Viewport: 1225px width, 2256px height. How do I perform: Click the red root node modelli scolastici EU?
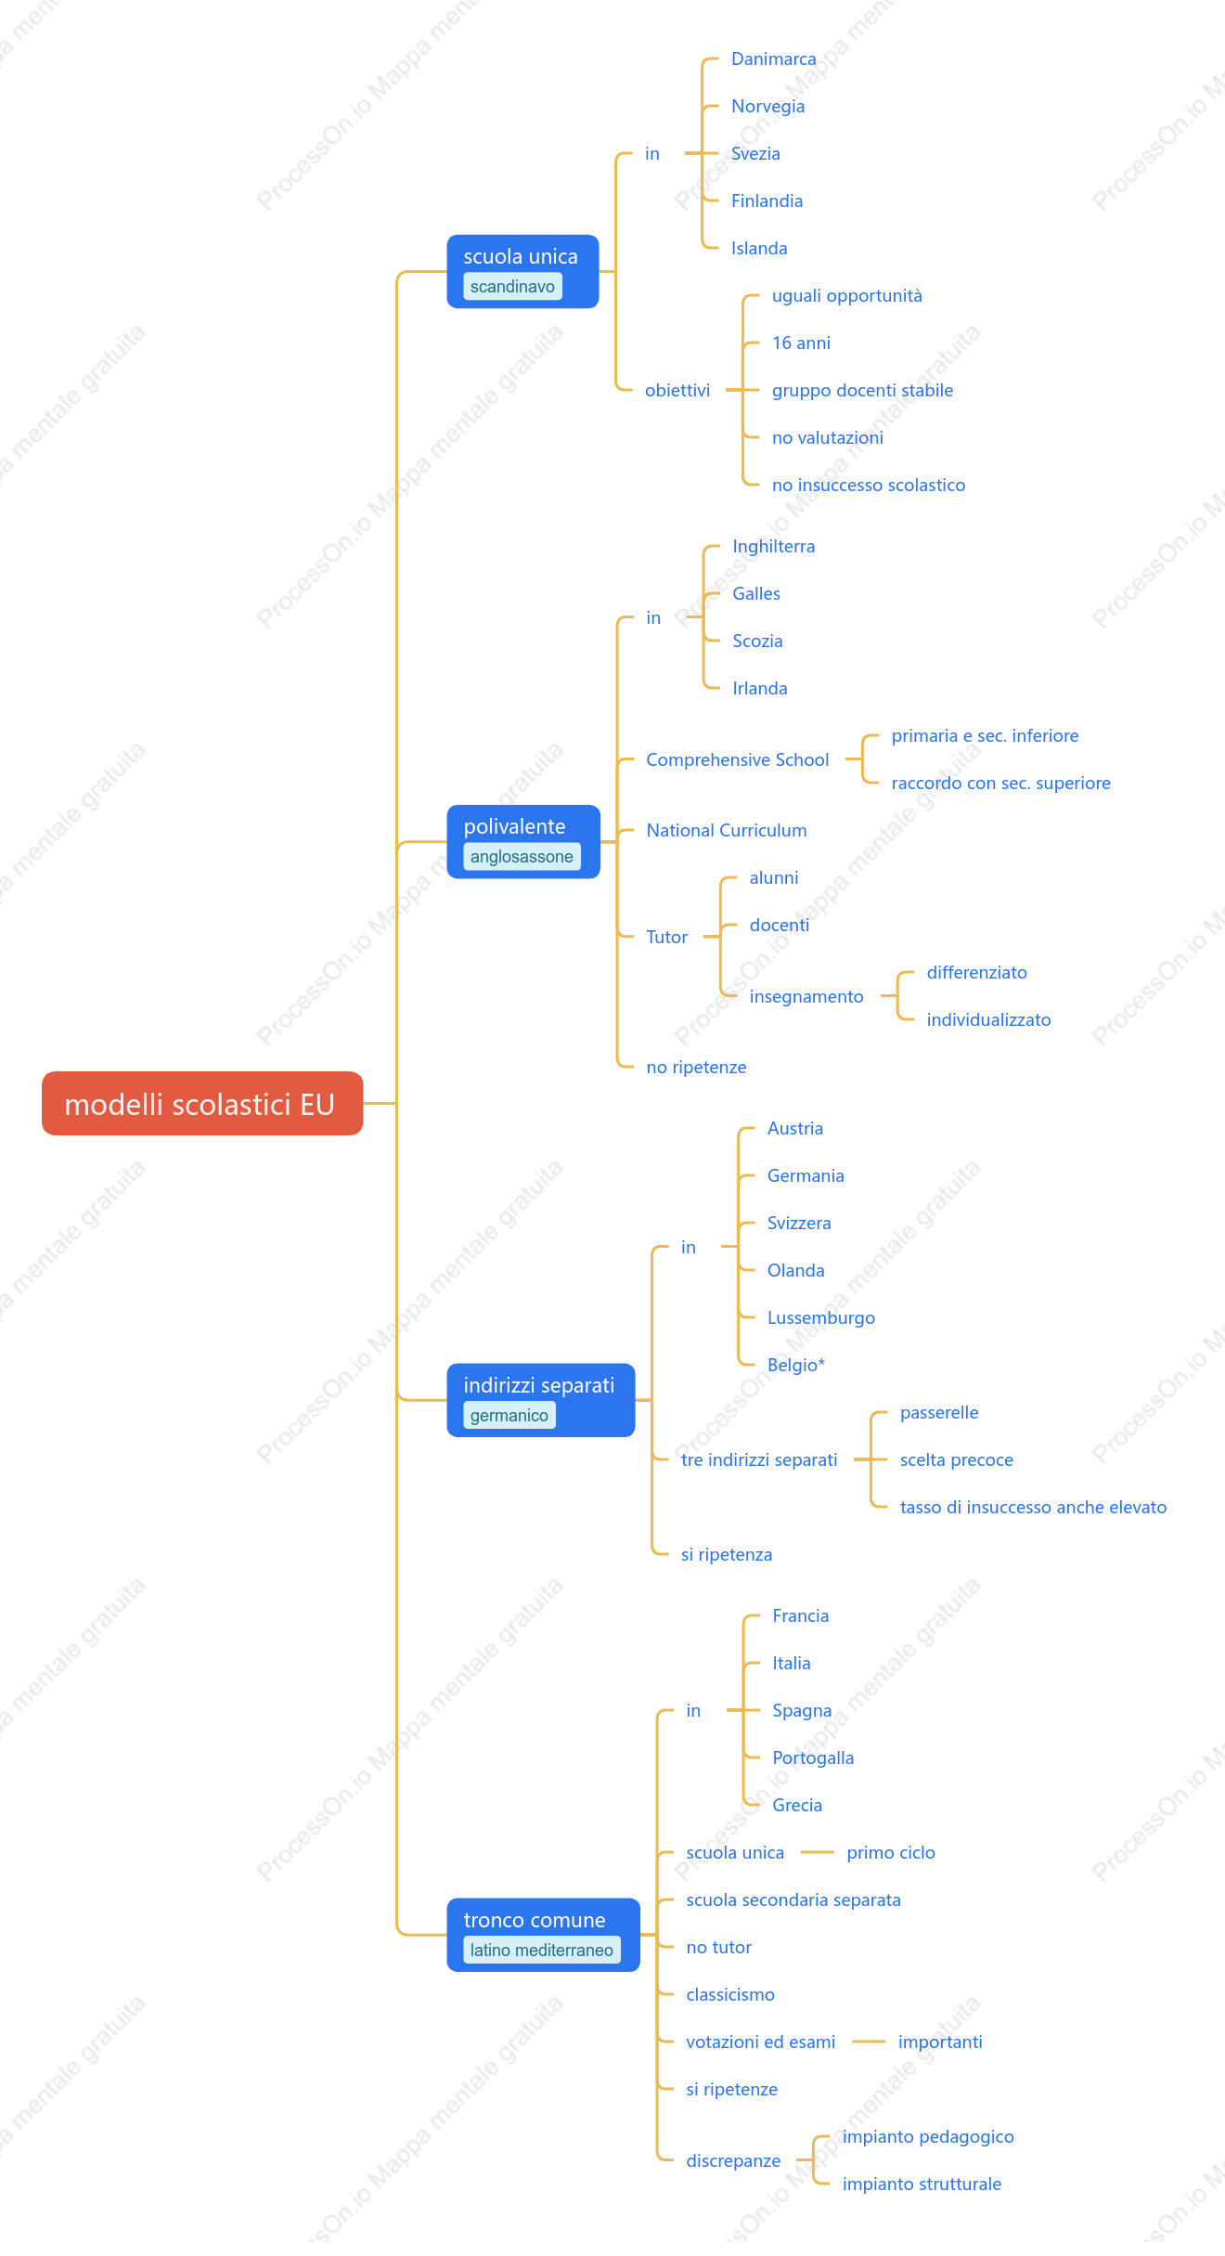click(x=202, y=1103)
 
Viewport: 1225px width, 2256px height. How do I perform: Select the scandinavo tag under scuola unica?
click(x=512, y=286)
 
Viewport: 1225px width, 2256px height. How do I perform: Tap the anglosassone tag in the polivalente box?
click(x=522, y=856)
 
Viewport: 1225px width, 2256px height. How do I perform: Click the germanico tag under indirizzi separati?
click(x=509, y=1415)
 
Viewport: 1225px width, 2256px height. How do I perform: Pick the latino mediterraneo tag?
click(x=542, y=1950)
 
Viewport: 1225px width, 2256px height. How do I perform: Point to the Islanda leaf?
click(x=759, y=248)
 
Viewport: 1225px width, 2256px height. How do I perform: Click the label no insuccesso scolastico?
click(x=869, y=485)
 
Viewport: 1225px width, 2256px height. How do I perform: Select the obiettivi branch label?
click(x=677, y=390)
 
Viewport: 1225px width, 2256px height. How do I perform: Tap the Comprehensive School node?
click(x=738, y=759)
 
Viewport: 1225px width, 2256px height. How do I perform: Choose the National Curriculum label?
click(x=727, y=830)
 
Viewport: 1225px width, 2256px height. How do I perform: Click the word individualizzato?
click(x=989, y=1019)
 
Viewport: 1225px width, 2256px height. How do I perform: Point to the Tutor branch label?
click(x=667, y=937)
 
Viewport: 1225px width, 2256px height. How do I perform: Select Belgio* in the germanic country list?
click(x=796, y=1365)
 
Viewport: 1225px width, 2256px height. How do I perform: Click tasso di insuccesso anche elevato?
click(x=1034, y=1507)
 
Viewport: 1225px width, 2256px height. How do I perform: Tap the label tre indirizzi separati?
click(x=759, y=1459)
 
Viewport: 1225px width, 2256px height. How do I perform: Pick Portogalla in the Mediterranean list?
click(x=813, y=1757)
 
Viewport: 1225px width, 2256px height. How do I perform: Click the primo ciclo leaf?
click(x=891, y=1852)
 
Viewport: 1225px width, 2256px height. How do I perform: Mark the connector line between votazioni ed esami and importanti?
click(x=869, y=2042)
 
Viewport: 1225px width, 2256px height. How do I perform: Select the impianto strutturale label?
click(x=922, y=2184)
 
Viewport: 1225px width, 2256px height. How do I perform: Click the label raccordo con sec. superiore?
click(x=1001, y=783)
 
